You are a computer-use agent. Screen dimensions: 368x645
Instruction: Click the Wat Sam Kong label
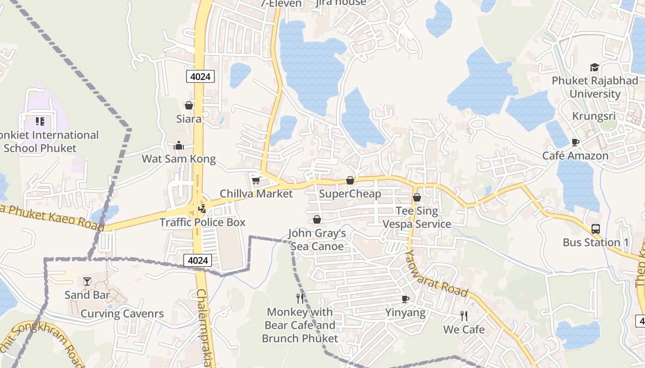coord(178,159)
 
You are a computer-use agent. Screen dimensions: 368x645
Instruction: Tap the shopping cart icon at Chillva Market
coord(256,180)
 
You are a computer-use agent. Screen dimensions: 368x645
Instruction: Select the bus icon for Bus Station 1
coord(596,229)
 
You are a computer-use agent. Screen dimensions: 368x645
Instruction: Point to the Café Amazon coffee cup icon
coord(575,142)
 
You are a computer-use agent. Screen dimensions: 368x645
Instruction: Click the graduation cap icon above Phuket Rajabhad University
coord(594,67)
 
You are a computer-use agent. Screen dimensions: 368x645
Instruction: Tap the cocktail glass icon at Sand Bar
coord(87,281)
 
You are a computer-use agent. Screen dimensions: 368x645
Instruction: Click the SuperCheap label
coord(350,194)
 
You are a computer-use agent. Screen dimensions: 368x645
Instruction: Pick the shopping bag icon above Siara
coord(188,105)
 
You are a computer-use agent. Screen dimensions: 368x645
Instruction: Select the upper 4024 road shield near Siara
coord(200,76)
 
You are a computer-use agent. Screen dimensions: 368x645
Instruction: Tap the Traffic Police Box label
coord(202,222)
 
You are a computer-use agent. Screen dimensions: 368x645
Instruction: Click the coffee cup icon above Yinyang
coord(405,299)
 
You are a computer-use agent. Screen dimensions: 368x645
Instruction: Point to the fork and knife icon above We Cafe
coord(464,316)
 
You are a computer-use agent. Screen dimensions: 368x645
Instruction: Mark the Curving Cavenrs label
coord(122,314)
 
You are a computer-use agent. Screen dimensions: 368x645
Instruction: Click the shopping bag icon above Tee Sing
coord(417,197)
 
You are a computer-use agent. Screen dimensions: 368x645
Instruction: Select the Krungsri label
coord(594,116)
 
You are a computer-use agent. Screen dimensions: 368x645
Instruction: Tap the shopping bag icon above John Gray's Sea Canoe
coord(317,219)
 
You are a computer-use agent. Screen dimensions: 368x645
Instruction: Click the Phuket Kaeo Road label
coord(51,217)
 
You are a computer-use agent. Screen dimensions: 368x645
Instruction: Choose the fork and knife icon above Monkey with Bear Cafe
coord(300,299)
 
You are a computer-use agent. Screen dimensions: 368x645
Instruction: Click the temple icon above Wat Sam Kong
coord(179,146)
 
